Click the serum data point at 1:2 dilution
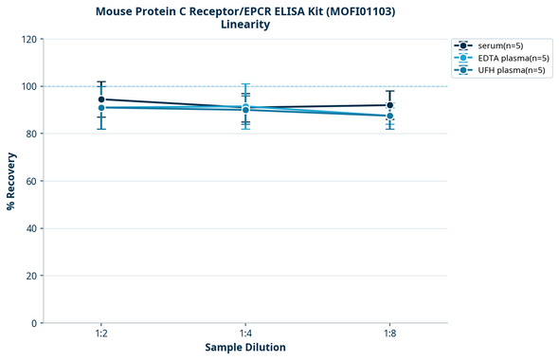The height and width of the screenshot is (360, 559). click(101, 99)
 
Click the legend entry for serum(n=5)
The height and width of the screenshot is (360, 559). click(494, 45)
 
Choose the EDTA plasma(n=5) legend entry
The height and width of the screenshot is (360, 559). click(497, 58)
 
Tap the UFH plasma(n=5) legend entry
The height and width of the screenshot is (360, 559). click(496, 70)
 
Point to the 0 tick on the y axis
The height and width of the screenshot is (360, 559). click(33, 323)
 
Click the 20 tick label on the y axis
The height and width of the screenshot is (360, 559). click(30, 276)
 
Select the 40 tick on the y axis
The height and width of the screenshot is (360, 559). click(30, 228)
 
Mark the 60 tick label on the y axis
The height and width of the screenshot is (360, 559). click(30, 181)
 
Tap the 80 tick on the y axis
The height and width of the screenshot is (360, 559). click(30, 134)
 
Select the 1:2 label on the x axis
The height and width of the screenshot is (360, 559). click(101, 334)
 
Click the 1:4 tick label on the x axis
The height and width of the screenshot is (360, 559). click(245, 334)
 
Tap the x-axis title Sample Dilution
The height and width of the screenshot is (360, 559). click(245, 348)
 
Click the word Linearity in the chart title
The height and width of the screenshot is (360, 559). click(245, 25)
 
